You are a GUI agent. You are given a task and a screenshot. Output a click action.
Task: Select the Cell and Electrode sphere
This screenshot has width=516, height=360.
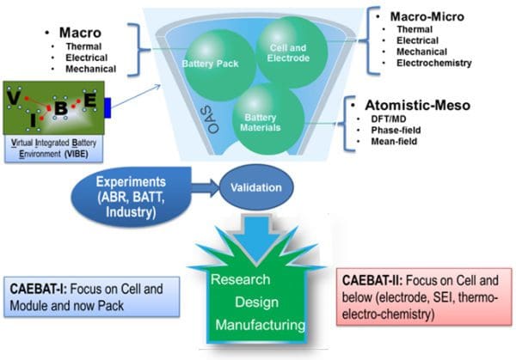292,50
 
